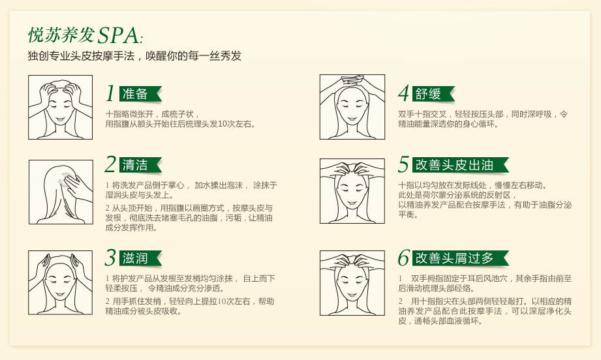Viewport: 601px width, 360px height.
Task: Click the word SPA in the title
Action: (118, 36)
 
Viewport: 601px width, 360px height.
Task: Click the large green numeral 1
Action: (110, 93)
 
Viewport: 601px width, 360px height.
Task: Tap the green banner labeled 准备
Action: (140, 94)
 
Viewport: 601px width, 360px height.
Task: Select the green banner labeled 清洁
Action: (140, 165)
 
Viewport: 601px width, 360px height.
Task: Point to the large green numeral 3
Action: (110, 258)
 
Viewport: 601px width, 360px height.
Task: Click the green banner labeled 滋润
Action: (140, 258)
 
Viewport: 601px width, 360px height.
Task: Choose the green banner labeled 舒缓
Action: (433, 94)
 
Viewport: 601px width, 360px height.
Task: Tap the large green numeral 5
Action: (404, 164)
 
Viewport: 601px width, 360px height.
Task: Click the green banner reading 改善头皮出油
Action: (461, 165)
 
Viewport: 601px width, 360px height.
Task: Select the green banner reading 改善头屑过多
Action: (461, 258)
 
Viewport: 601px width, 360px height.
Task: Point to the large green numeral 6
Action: (404, 258)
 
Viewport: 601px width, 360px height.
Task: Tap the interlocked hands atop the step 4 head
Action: (352, 81)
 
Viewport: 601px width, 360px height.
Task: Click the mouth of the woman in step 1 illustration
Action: (59, 120)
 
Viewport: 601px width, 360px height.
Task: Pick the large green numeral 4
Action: (404, 93)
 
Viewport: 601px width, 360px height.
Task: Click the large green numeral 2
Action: (110, 164)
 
